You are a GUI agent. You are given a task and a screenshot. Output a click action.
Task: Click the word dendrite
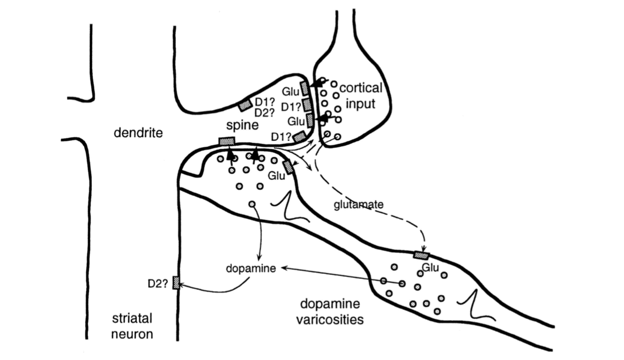point(138,132)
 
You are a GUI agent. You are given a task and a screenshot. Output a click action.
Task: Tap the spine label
point(242,125)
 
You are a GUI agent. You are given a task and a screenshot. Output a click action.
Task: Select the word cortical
point(361,88)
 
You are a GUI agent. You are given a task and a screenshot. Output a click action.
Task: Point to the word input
point(361,104)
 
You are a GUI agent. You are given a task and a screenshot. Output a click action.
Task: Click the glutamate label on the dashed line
point(359,205)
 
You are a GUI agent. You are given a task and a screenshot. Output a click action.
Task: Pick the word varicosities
point(330,319)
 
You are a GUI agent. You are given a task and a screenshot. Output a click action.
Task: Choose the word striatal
point(132,318)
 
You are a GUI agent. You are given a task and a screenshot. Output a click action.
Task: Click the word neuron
point(132,334)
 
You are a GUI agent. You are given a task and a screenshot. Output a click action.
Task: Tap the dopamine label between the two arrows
point(251,268)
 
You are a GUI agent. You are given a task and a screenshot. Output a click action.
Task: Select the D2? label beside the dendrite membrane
point(158,283)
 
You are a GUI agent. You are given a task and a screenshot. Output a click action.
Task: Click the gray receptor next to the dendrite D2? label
point(175,283)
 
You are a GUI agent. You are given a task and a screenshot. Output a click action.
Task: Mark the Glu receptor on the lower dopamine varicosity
point(421,255)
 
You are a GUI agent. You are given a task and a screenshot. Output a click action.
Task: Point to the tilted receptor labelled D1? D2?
point(245,105)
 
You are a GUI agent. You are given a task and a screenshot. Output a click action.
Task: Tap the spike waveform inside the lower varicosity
point(475,305)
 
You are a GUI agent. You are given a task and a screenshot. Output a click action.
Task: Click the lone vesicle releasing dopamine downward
point(251,204)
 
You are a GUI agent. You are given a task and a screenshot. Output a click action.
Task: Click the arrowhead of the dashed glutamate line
point(424,249)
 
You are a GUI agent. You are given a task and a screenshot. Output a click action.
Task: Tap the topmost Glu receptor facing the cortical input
point(304,88)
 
